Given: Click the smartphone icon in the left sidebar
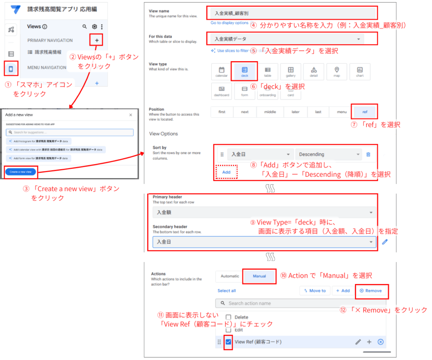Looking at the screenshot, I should coord(11,69).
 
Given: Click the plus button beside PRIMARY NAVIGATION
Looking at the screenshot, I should coord(97,41).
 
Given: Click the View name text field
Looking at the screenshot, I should coord(292,14).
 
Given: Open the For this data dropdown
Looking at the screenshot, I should coord(292,39).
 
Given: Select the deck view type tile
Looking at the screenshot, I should coord(244,71).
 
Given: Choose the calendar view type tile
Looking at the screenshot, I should coord(221,71).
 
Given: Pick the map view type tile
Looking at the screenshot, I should coord(336,71).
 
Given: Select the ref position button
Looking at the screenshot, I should coord(364,112).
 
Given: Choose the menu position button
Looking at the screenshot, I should coord(342,112).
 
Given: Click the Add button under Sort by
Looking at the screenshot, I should coord(226,172).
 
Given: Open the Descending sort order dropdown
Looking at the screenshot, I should coord(328,154).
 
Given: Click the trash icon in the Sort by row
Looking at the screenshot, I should coord(368,154).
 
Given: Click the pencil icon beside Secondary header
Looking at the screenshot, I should coord(385,242).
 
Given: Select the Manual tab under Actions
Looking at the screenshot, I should coord(259,276).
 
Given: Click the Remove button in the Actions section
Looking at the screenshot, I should coord(371,291).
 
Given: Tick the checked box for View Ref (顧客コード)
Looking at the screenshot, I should coord(228,342).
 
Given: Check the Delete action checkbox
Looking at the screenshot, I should coord(228,317).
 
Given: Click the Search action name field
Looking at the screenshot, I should coord(300,303).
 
